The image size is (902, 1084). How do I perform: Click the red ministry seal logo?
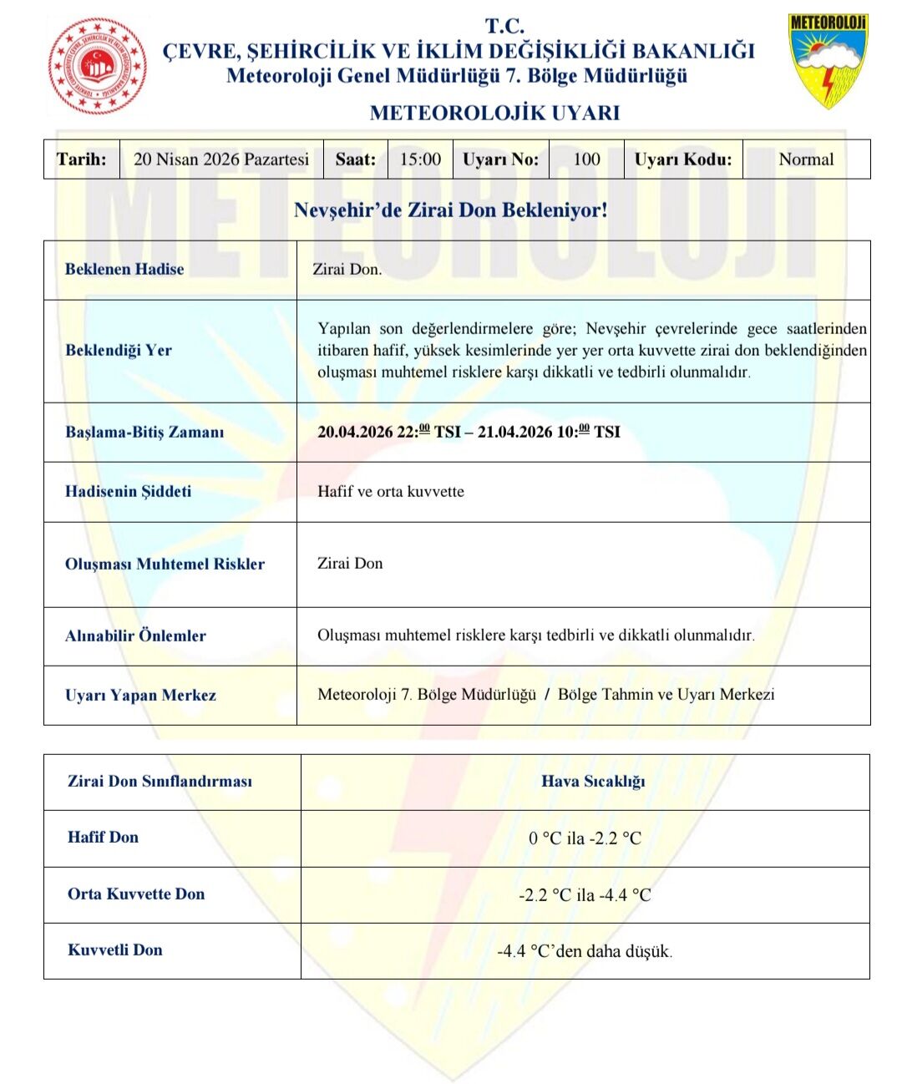point(98,66)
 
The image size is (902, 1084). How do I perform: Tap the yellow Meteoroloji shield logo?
point(828,60)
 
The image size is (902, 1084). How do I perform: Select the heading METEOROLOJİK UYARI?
point(494,113)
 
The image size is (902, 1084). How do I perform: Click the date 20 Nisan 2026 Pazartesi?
point(221,160)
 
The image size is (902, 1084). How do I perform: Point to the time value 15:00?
point(420,160)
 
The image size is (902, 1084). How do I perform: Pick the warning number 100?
point(586,160)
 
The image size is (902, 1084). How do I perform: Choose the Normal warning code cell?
point(806,160)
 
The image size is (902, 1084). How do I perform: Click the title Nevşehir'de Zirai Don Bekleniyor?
point(451,210)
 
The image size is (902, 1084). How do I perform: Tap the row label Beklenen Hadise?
point(124,269)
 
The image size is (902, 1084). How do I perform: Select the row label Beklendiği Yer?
point(119,350)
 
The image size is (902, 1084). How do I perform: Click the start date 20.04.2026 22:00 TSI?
point(388,432)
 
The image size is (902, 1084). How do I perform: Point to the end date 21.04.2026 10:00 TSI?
point(549,432)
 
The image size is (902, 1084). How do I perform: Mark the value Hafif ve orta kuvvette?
point(391,492)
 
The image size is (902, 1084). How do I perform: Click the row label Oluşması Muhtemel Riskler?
point(165,564)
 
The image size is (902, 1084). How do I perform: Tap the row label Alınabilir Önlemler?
point(135,636)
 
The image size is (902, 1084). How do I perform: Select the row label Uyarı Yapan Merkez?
point(140,695)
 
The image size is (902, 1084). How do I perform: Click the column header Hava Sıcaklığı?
point(593,782)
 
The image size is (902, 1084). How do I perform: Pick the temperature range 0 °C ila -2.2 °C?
point(585,838)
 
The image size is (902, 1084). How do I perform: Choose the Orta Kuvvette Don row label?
point(136,894)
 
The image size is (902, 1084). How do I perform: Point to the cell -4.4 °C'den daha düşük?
point(585,951)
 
